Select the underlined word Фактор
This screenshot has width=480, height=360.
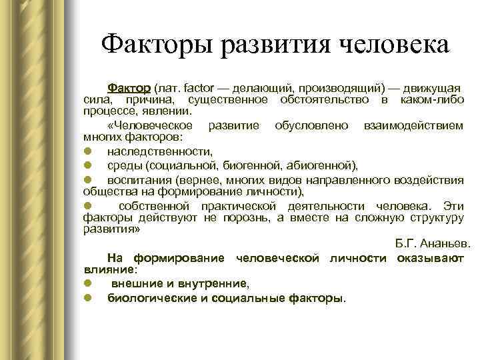(129, 88)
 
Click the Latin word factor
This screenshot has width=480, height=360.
(197, 88)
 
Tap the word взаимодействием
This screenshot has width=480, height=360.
(414, 125)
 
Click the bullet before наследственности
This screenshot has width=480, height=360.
(87, 151)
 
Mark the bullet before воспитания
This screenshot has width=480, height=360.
(87, 179)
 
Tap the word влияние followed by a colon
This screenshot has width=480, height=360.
(109, 270)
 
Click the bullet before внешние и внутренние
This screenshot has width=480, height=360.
(87, 283)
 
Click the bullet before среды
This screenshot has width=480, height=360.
(87, 165)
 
